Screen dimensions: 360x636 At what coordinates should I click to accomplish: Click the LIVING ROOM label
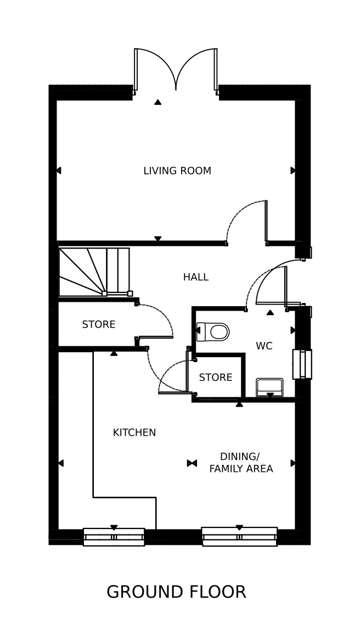[x=177, y=171]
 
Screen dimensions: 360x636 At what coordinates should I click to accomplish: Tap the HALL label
[x=195, y=277]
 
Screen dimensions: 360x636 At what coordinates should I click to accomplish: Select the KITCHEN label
[x=134, y=432]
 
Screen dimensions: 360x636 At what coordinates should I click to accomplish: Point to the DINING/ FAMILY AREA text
[x=241, y=463]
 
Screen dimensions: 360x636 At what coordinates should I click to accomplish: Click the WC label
[x=264, y=346]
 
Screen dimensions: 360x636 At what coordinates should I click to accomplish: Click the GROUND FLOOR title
[x=176, y=592]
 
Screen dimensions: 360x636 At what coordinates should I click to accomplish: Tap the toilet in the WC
[x=213, y=332]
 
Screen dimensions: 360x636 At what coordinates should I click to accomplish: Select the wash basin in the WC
[x=269, y=387]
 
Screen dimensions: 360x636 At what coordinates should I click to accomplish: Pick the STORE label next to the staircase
[x=99, y=324]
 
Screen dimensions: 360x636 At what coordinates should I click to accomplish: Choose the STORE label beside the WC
[x=216, y=378]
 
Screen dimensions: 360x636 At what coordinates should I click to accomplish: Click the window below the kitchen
[x=114, y=537]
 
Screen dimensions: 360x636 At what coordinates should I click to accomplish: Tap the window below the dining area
[x=239, y=537]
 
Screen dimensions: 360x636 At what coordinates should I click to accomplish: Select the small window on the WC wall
[x=302, y=364]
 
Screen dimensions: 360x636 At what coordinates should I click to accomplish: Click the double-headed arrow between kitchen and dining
[x=192, y=463]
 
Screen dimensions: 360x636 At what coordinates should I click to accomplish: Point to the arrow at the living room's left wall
[x=58, y=170]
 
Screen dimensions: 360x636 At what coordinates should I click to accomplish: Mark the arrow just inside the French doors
[x=158, y=102]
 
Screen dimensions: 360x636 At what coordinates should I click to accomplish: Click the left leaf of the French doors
[x=136, y=69]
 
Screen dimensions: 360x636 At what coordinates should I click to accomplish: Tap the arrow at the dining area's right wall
[x=293, y=463]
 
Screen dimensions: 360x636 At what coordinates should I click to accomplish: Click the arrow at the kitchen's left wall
[x=61, y=463]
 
